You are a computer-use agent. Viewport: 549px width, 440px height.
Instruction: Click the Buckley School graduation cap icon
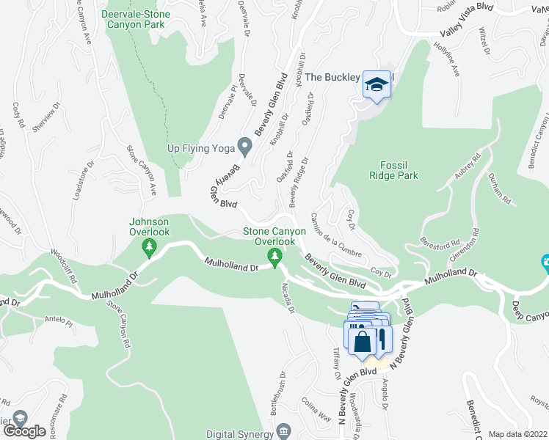pyautogui.click(x=377, y=84)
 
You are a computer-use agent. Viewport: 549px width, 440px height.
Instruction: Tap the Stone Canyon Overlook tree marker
pyautogui.click(x=275, y=256)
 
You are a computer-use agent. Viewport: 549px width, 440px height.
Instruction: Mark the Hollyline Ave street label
pyautogui.click(x=446, y=59)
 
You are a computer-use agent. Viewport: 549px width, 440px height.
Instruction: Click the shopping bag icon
pyautogui.click(x=362, y=341)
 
